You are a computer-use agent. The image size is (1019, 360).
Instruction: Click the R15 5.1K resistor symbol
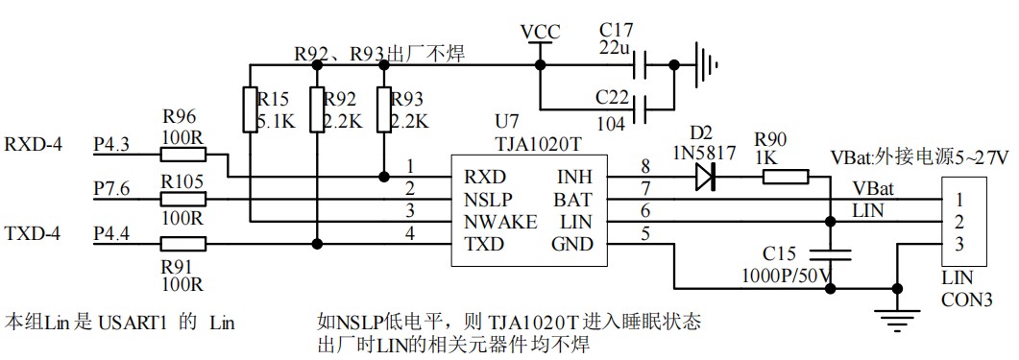(249, 110)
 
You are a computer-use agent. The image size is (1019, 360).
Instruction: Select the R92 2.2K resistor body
(316, 110)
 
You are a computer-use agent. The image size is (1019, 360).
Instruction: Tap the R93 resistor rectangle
(384, 110)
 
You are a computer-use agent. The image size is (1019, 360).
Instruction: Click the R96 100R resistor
(182, 156)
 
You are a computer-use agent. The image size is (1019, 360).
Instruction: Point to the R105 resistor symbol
(182, 200)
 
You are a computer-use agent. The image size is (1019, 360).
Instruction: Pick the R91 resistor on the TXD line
(182, 244)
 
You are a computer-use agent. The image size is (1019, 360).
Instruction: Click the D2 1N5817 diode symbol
(706, 176)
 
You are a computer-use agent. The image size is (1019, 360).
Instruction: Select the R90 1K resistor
(786, 177)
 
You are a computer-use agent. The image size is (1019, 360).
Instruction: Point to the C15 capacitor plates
(832, 254)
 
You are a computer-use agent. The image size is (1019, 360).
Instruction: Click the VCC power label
(540, 32)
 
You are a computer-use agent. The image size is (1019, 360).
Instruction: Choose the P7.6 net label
(112, 189)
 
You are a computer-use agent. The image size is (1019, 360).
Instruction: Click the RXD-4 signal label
(34, 146)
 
